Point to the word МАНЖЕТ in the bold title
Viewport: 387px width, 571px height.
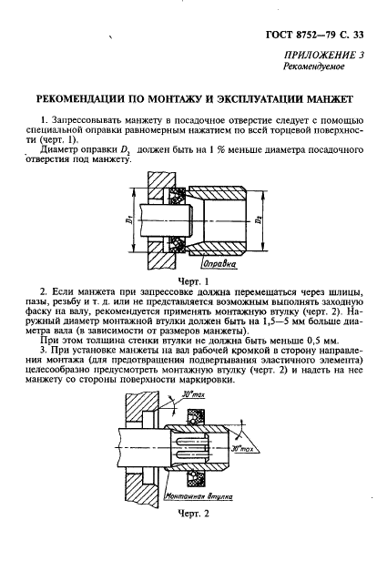click(x=330, y=97)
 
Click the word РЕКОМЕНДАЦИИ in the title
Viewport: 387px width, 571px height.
click(x=83, y=97)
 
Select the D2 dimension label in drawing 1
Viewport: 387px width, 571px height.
click(x=263, y=221)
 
